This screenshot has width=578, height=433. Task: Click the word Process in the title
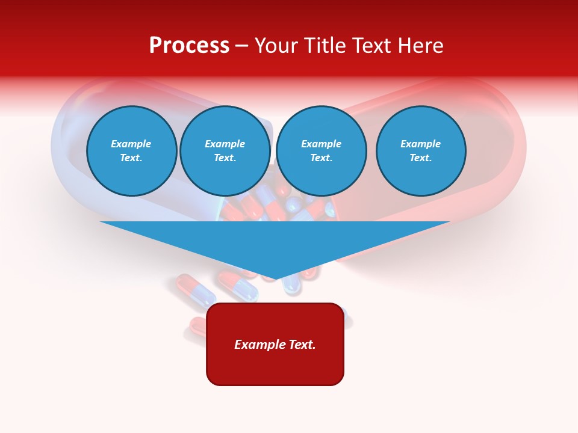[189, 46]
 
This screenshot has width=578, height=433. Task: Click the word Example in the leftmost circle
[131, 144]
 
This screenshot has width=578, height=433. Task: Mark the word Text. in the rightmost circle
[420, 158]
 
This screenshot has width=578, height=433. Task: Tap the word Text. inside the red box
[302, 345]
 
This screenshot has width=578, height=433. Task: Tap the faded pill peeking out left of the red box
[197, 325]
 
